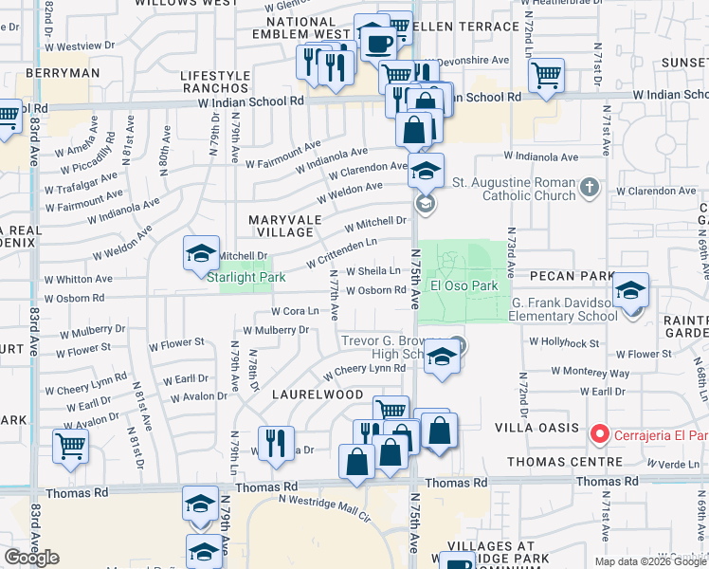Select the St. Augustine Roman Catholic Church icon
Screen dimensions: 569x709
tap(589, 187)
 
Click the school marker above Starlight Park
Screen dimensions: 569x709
tap(201, 253)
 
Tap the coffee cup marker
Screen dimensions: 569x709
tap(379, 43)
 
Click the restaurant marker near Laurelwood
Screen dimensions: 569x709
tap(275, 444)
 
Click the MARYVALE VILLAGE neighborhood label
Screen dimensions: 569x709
tap(282, 226)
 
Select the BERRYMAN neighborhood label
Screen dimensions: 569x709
tap(64, 73)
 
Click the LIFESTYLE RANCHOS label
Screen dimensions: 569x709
tap(215, 83)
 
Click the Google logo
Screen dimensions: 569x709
tap(31, 558)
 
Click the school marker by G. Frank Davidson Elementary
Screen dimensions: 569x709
tap(629, 293)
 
